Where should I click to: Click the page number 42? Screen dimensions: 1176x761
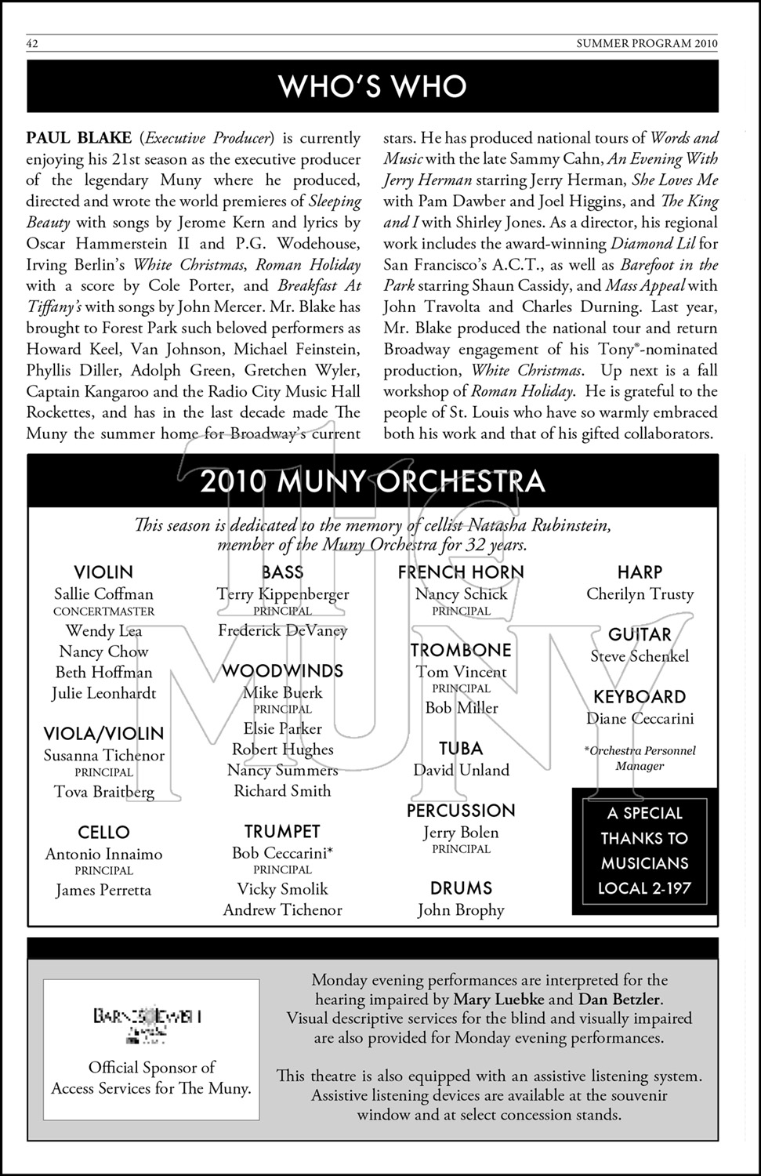coord(32,44)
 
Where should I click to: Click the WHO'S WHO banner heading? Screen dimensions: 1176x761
coord(372,86)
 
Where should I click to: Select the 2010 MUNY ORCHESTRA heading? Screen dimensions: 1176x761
coord(372,481)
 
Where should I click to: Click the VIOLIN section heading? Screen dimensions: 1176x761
coord(103,572)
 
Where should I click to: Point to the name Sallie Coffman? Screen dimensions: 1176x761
coord(103,594)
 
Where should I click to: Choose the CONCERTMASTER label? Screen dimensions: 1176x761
coord(103,612)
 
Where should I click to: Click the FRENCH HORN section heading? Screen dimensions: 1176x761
coord(461,572)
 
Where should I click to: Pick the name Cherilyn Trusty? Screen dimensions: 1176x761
coord(640,594)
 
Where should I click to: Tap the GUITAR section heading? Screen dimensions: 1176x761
coord(640,635)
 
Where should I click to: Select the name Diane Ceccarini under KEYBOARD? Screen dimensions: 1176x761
coord(640,718)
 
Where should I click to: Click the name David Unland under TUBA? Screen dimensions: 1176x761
coord(461,770)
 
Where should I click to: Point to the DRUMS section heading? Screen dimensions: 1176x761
coord(461,888)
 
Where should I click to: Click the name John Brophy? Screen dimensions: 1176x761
coord(461,910)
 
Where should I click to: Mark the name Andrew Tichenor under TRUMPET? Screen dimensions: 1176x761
coord(282,910)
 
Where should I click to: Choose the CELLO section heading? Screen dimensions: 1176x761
coord(103,833)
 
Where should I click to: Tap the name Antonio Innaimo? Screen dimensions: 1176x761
coord(103,855)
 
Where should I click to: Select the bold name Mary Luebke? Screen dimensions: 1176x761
coord(498,1000)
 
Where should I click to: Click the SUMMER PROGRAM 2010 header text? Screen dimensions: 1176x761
coord(647,44)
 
